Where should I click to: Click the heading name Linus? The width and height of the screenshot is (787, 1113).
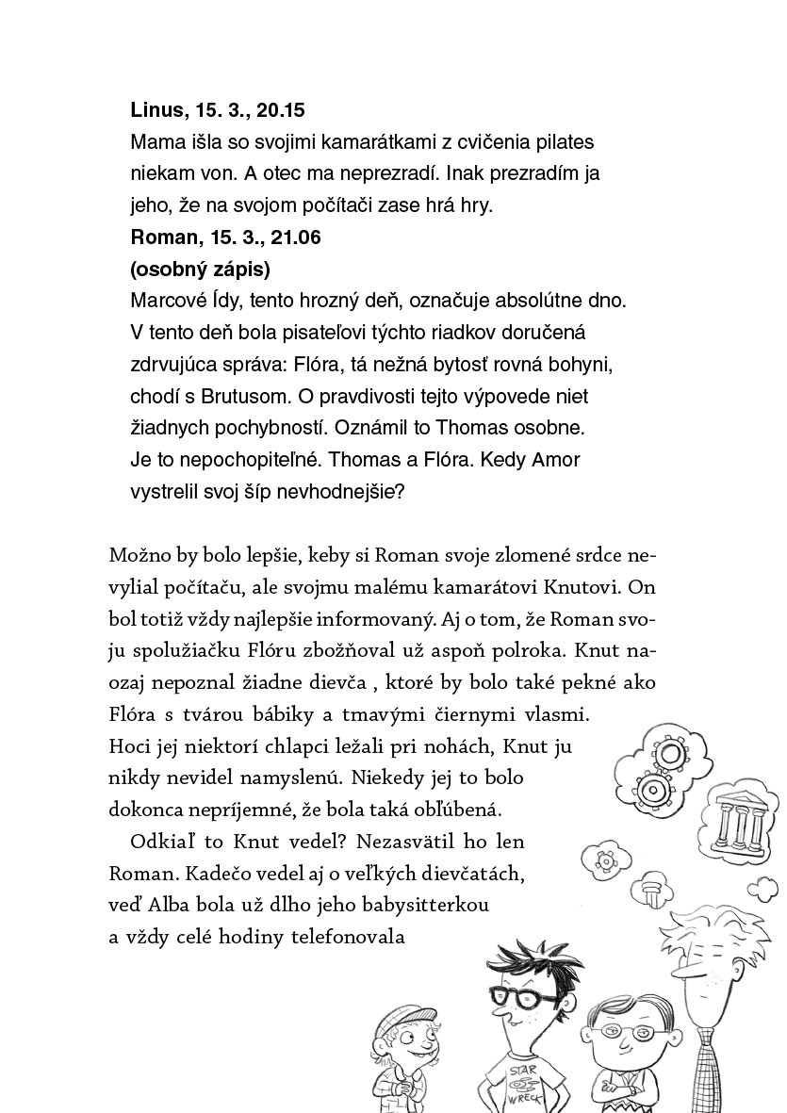tap(157, 110)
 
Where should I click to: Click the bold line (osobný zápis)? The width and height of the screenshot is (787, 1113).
tap(200, 270)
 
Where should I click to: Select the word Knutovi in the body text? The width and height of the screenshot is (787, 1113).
tap(582, 585)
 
